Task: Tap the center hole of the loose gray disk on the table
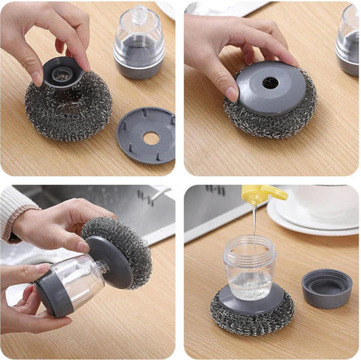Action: coord(150,137)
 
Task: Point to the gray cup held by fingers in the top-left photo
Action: coord(62,72)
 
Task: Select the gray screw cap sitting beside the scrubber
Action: coord(326,288)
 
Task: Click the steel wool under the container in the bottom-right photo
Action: coord(251,318)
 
